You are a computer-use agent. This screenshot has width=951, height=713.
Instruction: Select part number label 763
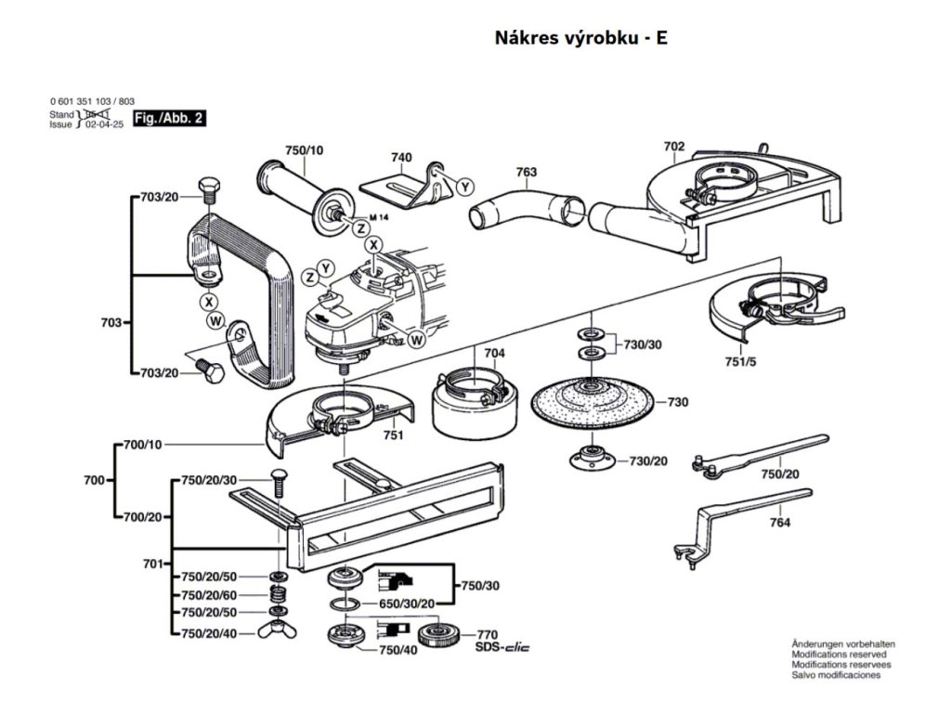(527, 172)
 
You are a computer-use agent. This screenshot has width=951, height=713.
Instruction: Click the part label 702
(674, 146)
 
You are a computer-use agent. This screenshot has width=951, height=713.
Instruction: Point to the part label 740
(401, 158)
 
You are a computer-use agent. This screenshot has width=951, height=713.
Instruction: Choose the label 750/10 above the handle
(304, 150)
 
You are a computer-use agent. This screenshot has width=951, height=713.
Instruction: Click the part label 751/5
(741, 362)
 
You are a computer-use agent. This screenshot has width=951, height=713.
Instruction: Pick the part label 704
(494, 354)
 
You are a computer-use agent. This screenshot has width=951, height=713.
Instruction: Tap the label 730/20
(648, 461)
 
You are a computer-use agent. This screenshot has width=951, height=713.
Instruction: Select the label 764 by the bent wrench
(779, 524)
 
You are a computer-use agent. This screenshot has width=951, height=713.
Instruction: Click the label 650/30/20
(407, 604)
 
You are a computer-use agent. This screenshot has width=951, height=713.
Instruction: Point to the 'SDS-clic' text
(506, 646)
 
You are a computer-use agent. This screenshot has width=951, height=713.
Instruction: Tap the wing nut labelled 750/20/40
(278, 634)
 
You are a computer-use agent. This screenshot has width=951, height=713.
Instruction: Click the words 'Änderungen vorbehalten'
(843, 643)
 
